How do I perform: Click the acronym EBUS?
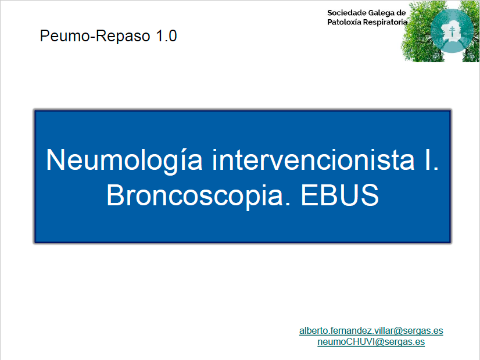pos(340,195)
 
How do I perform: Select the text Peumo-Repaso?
pos(95,36)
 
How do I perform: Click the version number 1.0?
pos(166,35)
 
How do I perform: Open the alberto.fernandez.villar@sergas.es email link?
pos(371,331)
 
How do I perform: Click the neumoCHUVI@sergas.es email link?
pos(371,341)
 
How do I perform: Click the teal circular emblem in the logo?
pos(452,31)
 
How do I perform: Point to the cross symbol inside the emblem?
pos(452,31)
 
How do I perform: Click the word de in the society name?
pos(401,13)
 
